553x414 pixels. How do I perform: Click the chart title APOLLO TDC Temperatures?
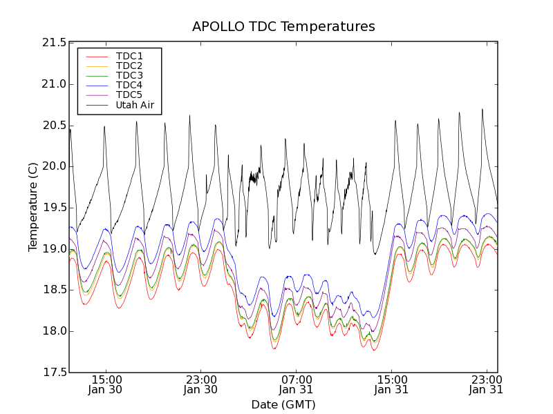(283, 27)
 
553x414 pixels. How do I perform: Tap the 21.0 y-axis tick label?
(53, 84)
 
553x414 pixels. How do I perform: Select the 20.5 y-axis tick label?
(53, 126)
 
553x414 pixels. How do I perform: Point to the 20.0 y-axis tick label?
(53, 166)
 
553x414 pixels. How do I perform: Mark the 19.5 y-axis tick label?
(53, 208)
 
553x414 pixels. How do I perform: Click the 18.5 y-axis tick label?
(53, 290)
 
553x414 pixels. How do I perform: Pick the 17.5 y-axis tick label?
(53, 373)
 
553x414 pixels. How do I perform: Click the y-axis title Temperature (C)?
(33, 207)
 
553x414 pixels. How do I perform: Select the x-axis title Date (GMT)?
(283, 404)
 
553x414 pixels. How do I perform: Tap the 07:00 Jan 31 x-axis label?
(297, 384)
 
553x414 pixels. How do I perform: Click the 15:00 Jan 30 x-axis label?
(106, 384)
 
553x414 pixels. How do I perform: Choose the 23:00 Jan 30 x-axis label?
(201, 384)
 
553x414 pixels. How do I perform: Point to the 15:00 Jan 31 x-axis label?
(391, 384)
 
